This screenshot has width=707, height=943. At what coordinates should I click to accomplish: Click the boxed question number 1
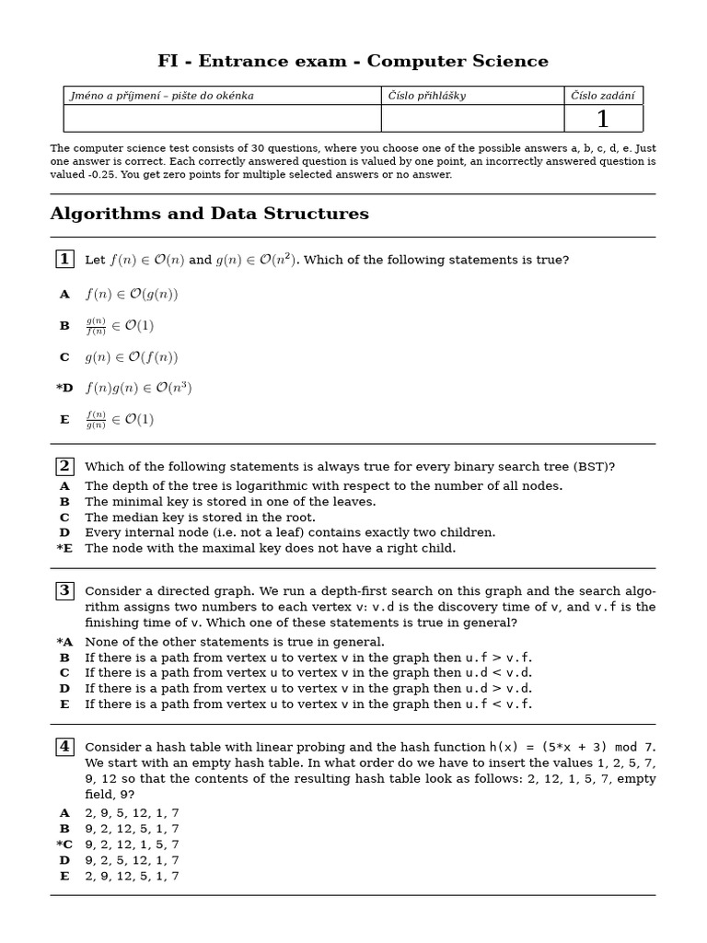[64, 260]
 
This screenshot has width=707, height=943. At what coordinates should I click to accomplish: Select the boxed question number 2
[64, 466]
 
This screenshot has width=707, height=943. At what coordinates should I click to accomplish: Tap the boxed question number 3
[64, 591]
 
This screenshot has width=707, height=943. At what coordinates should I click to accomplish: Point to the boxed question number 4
[64, 747]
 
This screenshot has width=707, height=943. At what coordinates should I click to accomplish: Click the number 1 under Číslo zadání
[603, 120]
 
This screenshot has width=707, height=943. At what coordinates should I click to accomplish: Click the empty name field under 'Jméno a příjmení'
[222, 119]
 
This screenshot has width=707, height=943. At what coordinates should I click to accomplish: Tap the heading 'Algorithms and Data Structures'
[209, 215]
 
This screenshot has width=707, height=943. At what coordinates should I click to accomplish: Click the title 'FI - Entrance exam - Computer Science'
[353, 62]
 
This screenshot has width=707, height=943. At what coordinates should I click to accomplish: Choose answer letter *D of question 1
[64, 389]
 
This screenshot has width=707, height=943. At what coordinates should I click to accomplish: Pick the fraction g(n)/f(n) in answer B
[96, 326]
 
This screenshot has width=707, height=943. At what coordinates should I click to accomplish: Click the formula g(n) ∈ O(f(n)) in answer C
[132, 357]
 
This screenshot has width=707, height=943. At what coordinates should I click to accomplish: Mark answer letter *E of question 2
[64, 549]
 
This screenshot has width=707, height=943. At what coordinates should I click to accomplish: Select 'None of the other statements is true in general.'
[235, 642]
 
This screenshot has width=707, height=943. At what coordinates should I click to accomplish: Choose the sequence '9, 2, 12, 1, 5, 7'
[132, 844]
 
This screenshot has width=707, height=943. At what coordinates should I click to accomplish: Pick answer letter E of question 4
[64, 876]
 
